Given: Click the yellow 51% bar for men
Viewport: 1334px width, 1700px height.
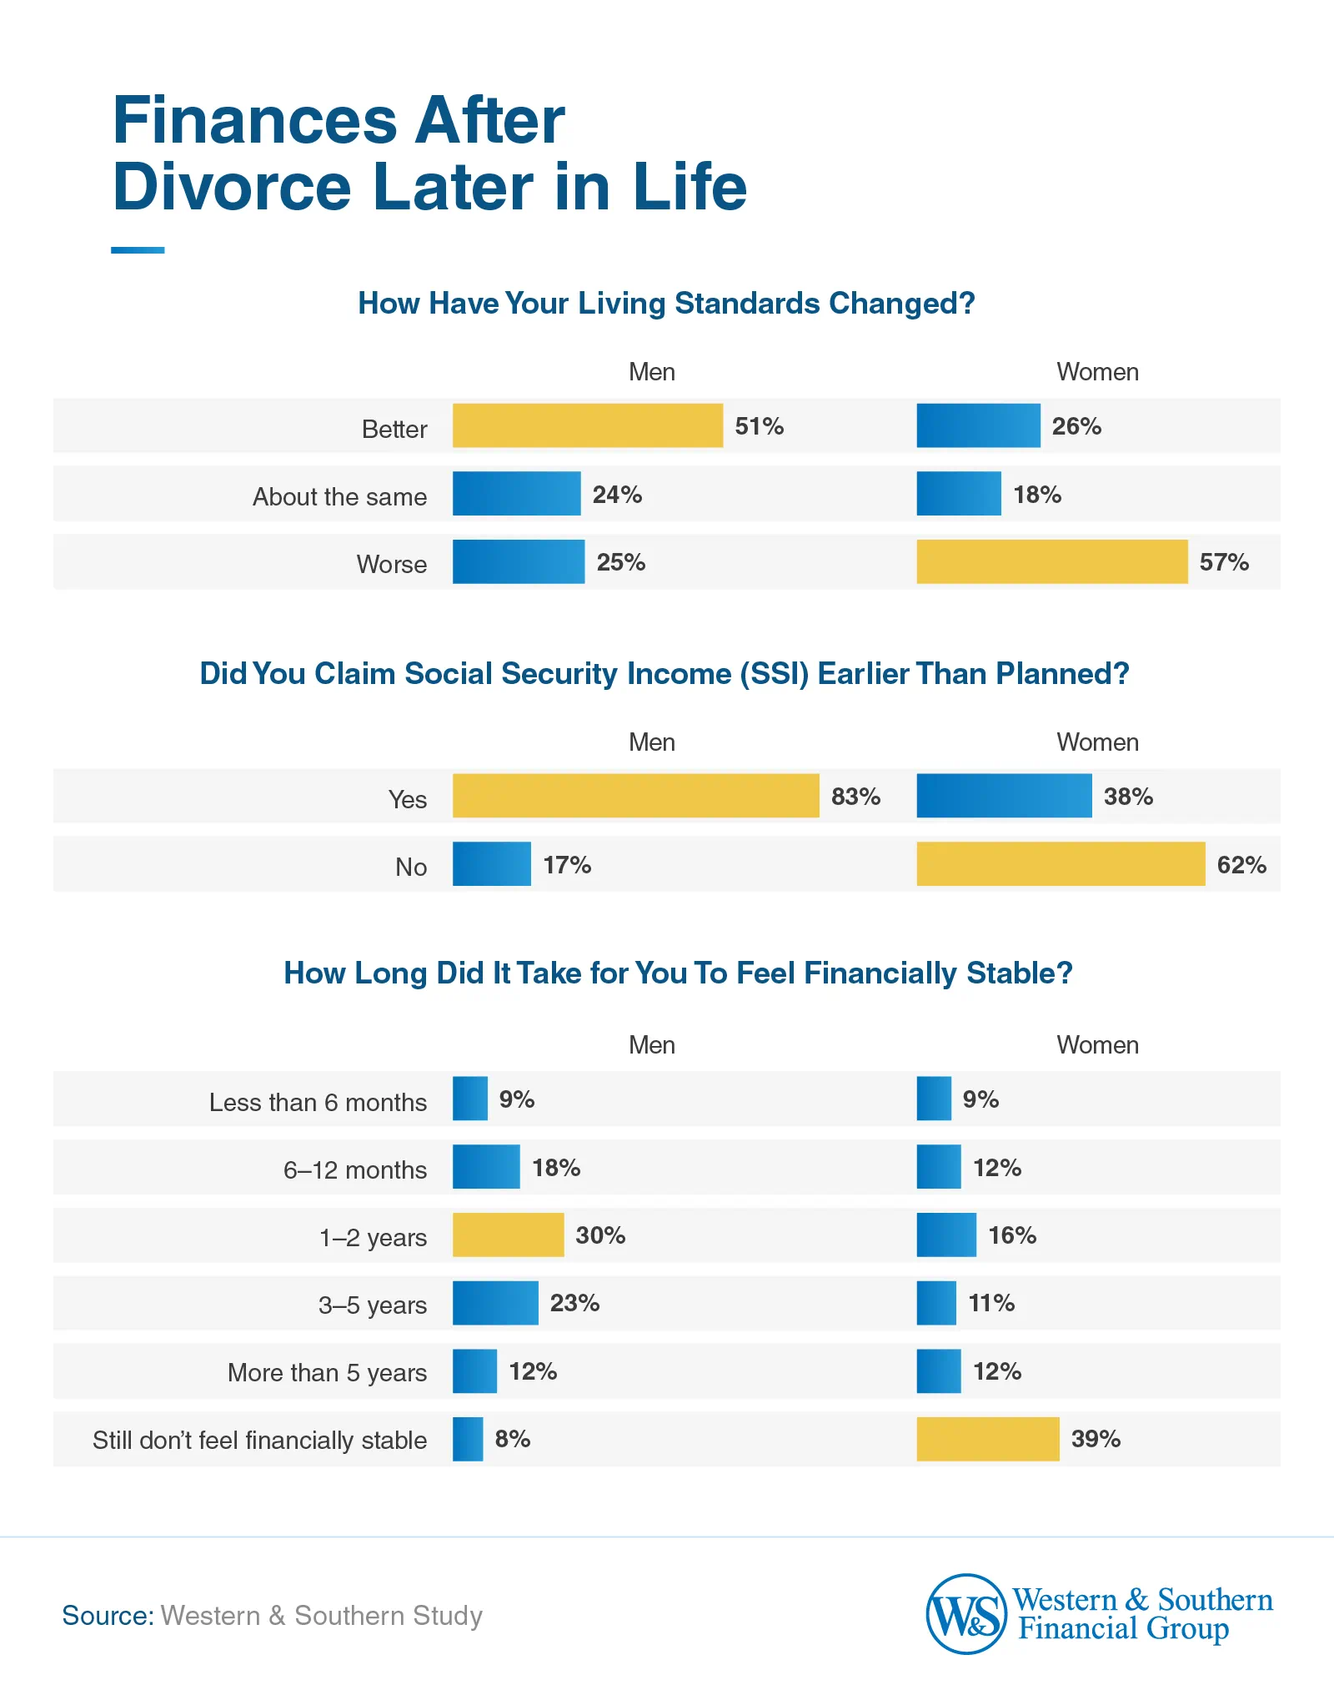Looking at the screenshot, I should (587, 425).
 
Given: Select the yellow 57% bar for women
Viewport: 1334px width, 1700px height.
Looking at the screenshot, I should (1051, 561).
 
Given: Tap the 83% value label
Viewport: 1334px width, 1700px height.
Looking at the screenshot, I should (855, 797).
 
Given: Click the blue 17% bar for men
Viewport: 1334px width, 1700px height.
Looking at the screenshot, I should (491, 864).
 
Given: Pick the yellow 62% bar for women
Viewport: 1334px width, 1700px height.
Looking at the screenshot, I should (1061, 864).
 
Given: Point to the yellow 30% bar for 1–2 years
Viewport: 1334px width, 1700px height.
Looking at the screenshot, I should (508, 1235).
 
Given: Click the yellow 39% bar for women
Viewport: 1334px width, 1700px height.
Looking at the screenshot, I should (987, 1439).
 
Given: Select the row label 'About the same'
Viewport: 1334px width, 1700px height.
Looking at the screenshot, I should (339, 496).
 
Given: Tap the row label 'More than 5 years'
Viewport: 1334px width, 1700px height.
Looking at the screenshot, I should (327, 1372).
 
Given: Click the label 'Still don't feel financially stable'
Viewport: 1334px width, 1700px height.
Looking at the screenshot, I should (259, 1441).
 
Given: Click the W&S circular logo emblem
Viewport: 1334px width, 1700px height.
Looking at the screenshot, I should (966, 1614).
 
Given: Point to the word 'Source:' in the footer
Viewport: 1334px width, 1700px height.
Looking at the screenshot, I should (108, 1616).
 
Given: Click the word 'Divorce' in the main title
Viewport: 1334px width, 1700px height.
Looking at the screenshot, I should (232, 187).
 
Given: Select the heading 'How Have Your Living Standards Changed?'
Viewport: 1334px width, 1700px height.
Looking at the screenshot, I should (666, 304).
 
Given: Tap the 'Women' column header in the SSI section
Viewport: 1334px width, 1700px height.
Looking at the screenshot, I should (1097, 742).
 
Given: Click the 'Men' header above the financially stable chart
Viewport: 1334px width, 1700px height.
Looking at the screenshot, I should (651, 1045).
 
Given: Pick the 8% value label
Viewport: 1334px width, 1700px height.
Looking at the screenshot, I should (512, 1439).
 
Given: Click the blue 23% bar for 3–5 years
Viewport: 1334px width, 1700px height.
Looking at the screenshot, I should (495, 1303).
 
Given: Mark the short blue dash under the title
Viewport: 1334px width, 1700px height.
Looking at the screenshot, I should (138, 250).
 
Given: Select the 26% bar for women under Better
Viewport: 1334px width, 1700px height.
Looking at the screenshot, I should (978, 425).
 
